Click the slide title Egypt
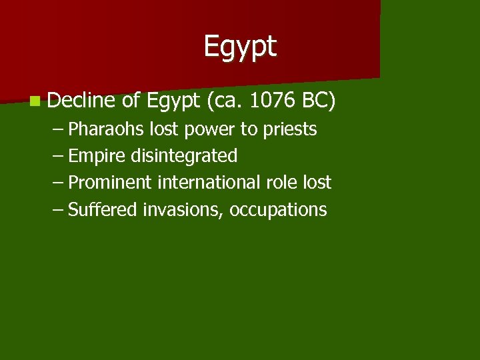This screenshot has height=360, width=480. tap(240, 47)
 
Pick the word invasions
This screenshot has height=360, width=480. tap(183, 210)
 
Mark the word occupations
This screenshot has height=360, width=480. tap(278, 211)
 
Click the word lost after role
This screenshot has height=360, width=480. tap(316, 183)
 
